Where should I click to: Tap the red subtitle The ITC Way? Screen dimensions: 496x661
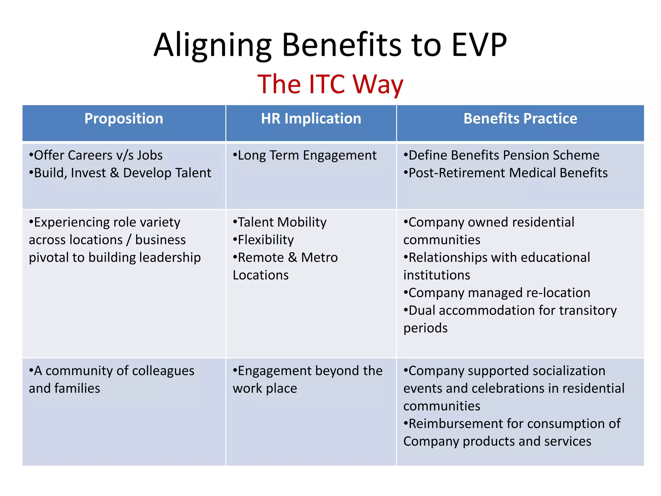click(x=330, y=84)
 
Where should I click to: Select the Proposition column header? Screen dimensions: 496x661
click(x=124, y=119)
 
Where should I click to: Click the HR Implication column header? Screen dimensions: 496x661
click(x=311, y=119)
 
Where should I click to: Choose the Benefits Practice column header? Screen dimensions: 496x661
click(x=520, y=119)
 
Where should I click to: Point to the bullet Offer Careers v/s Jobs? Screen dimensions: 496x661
click(x=96, y=155)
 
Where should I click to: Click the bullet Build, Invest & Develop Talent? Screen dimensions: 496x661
click(x=120, y=173)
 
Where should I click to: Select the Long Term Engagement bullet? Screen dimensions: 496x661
click(x=305, y=155)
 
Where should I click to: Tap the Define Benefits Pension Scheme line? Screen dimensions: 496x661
click(x=501, y=155)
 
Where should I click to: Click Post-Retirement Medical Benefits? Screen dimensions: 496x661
click(x=505, y=173)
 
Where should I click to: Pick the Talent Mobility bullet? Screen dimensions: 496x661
click(x=280, y=222)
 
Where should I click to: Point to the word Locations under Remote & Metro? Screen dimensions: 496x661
click(x=260, y=275)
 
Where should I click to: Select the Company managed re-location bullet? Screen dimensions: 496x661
click(x=497, y=293)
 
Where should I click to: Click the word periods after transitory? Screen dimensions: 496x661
click(x=425, y=328)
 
